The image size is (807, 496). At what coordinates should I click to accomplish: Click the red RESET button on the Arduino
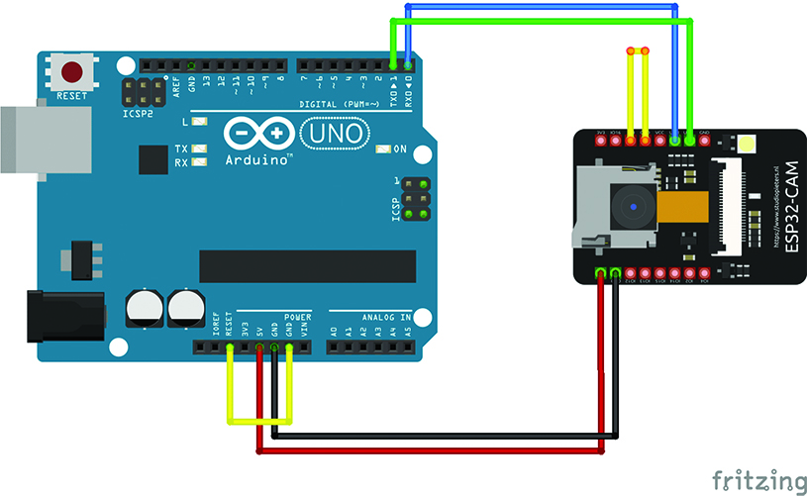point(72,72)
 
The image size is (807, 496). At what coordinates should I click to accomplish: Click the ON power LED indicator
point(384,149)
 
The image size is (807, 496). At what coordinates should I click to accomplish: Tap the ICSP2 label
point(138,112)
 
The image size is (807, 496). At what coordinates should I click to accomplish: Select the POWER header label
point(297,317)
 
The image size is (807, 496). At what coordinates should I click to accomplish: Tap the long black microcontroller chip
point(307,265)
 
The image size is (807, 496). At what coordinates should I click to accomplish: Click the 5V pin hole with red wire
point(259,347)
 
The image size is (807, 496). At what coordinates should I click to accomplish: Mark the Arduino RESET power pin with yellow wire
point(229,347)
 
